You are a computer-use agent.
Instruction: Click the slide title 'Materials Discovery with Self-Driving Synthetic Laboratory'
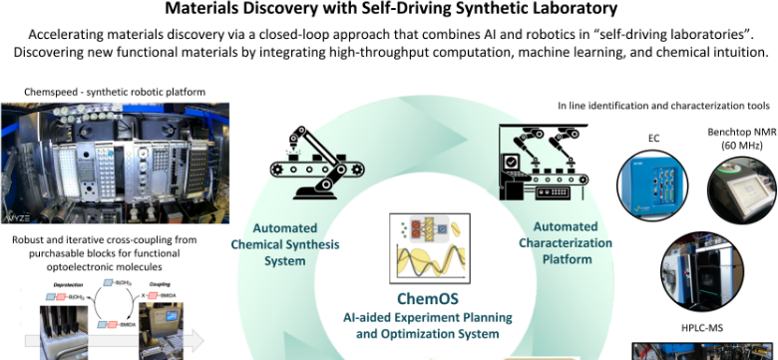click(390, 11)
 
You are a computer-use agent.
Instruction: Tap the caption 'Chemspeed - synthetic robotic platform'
click(116, 93)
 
